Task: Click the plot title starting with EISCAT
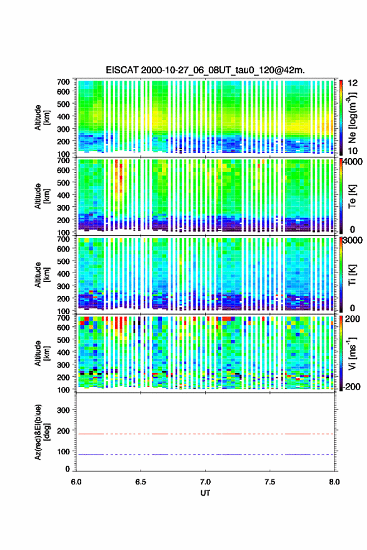[205, 70]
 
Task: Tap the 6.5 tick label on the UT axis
[141, 482]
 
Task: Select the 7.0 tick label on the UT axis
[205, 482]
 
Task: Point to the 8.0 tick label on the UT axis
[334, 482]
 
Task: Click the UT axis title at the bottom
[205, 493]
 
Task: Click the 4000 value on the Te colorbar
[353, 162]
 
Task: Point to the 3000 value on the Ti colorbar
[353, 241]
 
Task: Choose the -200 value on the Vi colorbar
[351, 387]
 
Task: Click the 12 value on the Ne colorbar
[353, 83]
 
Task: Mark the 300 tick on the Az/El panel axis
[64, 410]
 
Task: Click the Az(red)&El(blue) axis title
[42, 432]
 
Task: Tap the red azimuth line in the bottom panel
[205, 434]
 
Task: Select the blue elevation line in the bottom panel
[205, 454]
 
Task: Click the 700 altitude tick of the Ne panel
[64, 82]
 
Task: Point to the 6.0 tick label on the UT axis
[76, 482]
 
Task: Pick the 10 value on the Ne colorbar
[353, 151]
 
